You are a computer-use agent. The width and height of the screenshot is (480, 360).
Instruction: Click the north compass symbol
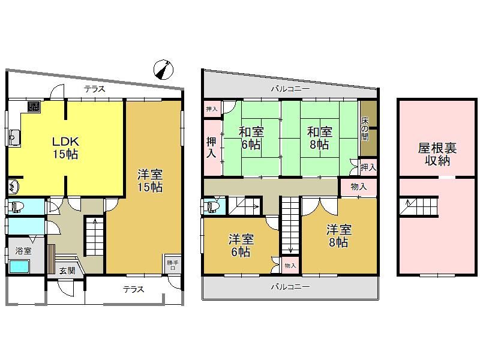tap(163, 70)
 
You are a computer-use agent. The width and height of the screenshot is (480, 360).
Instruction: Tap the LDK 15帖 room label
tap(65, 148)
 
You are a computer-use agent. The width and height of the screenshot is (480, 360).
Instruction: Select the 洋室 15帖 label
tap(150, 181)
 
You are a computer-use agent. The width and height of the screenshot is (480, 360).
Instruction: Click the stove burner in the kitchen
tap(34, 107)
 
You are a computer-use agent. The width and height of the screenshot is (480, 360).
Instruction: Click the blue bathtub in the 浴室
tap(19, 266)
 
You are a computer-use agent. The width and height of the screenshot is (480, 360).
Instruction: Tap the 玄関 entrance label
tap(67, 271)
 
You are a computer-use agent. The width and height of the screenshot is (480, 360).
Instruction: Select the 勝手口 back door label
tap(173, 265)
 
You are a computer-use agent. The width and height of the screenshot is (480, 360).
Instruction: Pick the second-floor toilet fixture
tap(213, 207)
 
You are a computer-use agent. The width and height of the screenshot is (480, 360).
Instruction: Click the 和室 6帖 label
tap(251, 138)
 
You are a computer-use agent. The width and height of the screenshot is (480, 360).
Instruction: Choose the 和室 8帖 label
tap(320, 138)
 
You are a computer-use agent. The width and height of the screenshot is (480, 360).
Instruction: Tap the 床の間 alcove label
tap(365, 128)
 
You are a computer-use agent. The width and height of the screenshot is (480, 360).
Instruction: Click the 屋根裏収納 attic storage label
tap(437, 154)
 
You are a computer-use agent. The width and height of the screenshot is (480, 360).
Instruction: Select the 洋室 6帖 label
tap(241, 245)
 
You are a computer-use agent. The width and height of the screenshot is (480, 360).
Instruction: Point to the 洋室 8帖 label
tap(339, 236)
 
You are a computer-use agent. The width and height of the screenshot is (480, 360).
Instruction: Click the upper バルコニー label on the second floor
tap(290, 89)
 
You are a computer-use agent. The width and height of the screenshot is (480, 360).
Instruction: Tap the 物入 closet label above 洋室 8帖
tap(359, 187)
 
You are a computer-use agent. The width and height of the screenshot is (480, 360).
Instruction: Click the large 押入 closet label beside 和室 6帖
tap(211, 148)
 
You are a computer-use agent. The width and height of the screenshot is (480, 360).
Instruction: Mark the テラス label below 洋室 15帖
tap(133, 289)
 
